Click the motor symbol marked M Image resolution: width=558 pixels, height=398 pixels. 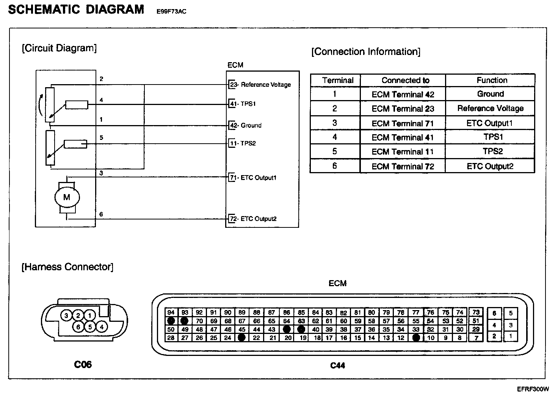(x=67, y=197)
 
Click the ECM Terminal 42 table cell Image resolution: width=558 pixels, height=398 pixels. (x=403, y=94)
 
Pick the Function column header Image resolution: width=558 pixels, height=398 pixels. (x=492, y=80)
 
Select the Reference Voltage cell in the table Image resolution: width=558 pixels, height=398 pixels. (x=490, y=108)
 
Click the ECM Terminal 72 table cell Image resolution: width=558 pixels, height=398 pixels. (x=403, y=166)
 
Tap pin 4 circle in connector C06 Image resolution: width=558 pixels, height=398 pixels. (x=102, y=326)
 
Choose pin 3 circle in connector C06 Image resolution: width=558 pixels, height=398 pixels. (x=66, y=315)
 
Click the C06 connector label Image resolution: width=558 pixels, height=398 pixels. (x=83, y=364)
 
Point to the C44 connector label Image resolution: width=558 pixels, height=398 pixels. (x=337, y=365)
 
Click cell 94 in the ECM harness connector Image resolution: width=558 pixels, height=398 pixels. (x=171, y=312)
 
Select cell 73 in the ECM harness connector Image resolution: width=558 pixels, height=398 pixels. (x=476, y=312)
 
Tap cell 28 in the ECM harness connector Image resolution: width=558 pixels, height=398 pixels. (x=171, y=338)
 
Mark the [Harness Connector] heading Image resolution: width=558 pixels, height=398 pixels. (x=67, y=267)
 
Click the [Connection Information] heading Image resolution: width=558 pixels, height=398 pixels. (x=365, y=52)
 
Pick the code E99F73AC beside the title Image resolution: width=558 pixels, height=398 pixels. (x=171, y=12)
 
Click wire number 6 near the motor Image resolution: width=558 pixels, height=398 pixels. (x=101, y=215)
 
